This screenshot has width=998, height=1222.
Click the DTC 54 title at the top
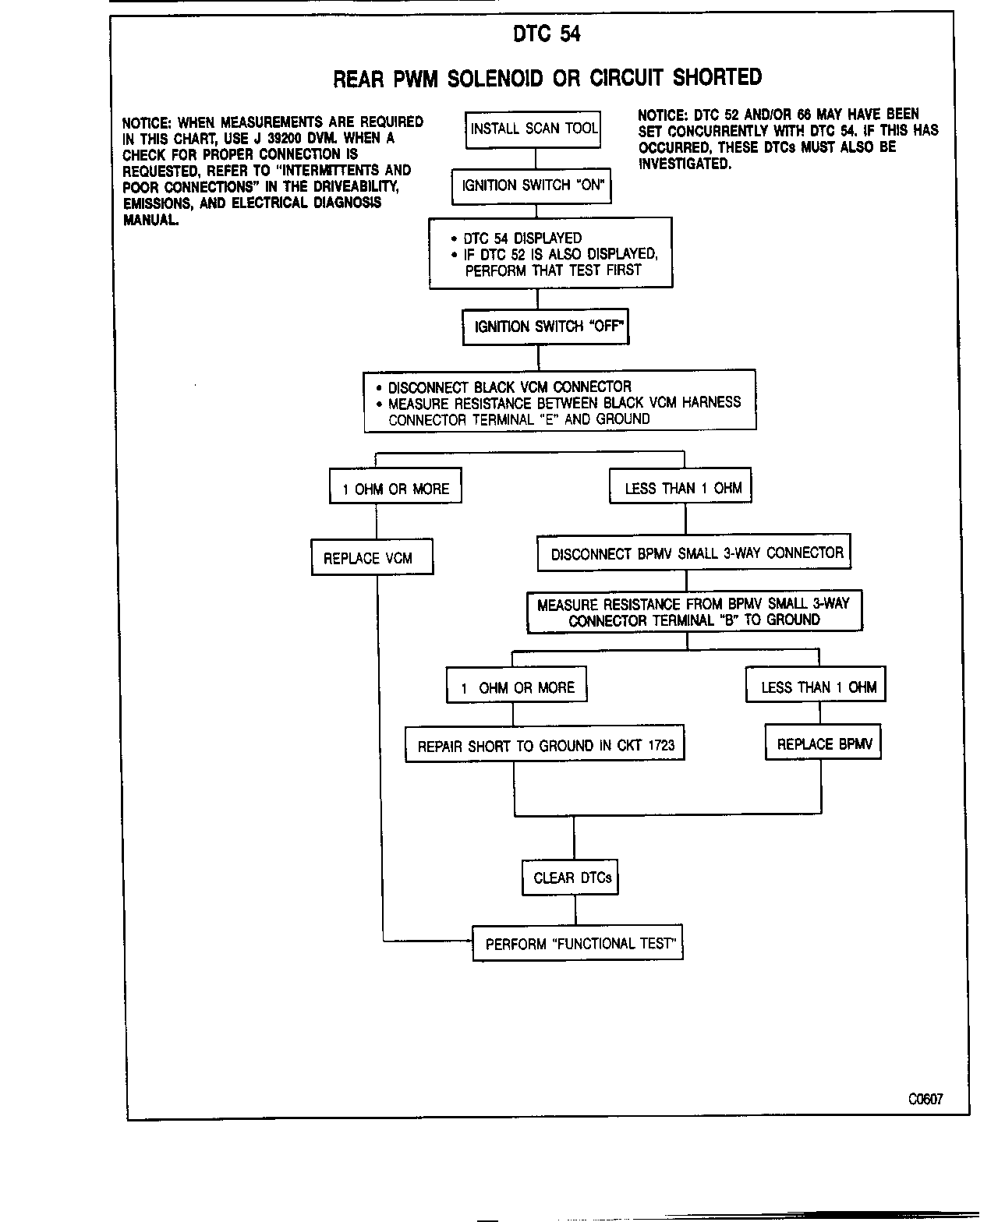tap(547, 34)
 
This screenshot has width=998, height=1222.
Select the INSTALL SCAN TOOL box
tap(534, 129)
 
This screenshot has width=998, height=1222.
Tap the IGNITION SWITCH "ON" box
tap(532, 186)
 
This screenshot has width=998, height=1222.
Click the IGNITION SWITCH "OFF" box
tap(545, 327)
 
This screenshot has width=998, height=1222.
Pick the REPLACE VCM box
tap(372, 558)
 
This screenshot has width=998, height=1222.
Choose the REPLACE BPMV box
tap(823, 744)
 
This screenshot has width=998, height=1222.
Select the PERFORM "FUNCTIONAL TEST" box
tap(578, 944)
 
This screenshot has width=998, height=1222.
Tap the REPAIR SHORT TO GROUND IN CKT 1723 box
tap(545, 746)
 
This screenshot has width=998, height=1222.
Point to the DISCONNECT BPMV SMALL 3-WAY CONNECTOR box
tap(694, 553)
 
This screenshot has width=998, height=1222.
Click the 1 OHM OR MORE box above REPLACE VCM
tap(395, 489)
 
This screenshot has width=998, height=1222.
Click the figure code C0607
tap(925, 1099)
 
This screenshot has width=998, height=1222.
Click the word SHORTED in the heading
tap(717, 78)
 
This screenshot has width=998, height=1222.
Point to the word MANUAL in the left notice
tap(150, 220)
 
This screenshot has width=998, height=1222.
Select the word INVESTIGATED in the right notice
tap(685, 164)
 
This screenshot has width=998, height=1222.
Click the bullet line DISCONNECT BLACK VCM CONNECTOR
tap(509, 387)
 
